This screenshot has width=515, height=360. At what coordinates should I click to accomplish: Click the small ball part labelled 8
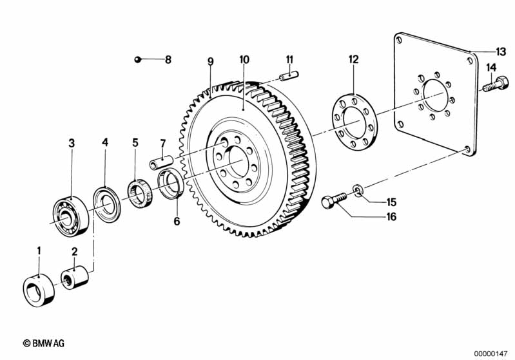click(x=137, y=59)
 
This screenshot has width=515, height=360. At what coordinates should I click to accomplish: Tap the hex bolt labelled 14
click(x=496, y=83)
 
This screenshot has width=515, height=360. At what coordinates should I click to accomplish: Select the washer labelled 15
click(x=358, y=191)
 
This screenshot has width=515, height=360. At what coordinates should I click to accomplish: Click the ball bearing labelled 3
click(x=71, y=216)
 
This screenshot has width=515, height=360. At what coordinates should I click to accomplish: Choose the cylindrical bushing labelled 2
click(x=75, y=278)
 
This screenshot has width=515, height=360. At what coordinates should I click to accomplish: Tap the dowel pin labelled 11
click(x=289, y=76)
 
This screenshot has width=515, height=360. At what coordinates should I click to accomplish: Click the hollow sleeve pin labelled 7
click(x=161, y=162)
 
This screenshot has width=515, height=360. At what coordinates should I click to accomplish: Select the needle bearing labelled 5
click(x=140, y=193)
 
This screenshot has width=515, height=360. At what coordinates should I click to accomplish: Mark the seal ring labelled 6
click(x=170, y=183)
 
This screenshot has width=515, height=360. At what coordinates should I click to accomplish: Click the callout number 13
click(x=501, y=52)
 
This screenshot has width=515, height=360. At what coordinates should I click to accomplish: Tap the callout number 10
click(x=244, y=60)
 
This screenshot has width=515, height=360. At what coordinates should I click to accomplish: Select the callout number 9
click(x=211, y=61)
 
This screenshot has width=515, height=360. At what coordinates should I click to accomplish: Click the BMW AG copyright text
click(x=44, y=343)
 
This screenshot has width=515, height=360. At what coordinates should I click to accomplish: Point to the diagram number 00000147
click(x=491, y=354)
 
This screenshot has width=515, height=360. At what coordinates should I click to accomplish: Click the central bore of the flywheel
click(x=238, y=162)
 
